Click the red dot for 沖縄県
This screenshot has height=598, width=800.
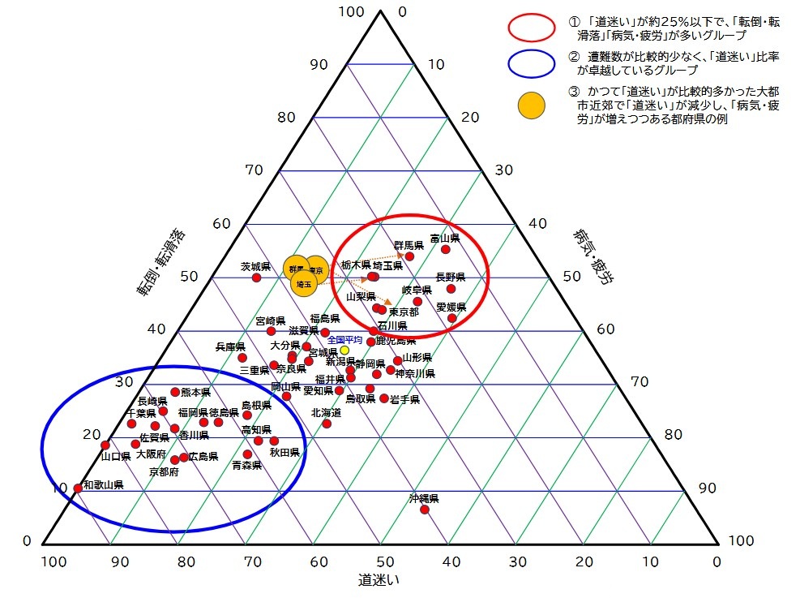(424, 510)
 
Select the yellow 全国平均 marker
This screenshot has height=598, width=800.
(344, 351)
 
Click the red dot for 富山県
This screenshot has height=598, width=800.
(445, 249)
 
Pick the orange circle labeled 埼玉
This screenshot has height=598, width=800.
(303, 284)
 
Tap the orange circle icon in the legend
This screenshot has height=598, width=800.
(532, 104)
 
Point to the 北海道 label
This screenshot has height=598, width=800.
(326, 412)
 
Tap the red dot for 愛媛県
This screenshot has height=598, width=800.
(451, 318)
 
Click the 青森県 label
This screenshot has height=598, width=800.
(246, 466)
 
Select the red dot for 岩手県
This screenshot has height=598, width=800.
(384, 398)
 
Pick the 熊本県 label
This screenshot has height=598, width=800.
(195, 392)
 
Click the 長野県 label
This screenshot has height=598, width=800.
(451, 277)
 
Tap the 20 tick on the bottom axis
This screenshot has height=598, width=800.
(584, 561)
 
